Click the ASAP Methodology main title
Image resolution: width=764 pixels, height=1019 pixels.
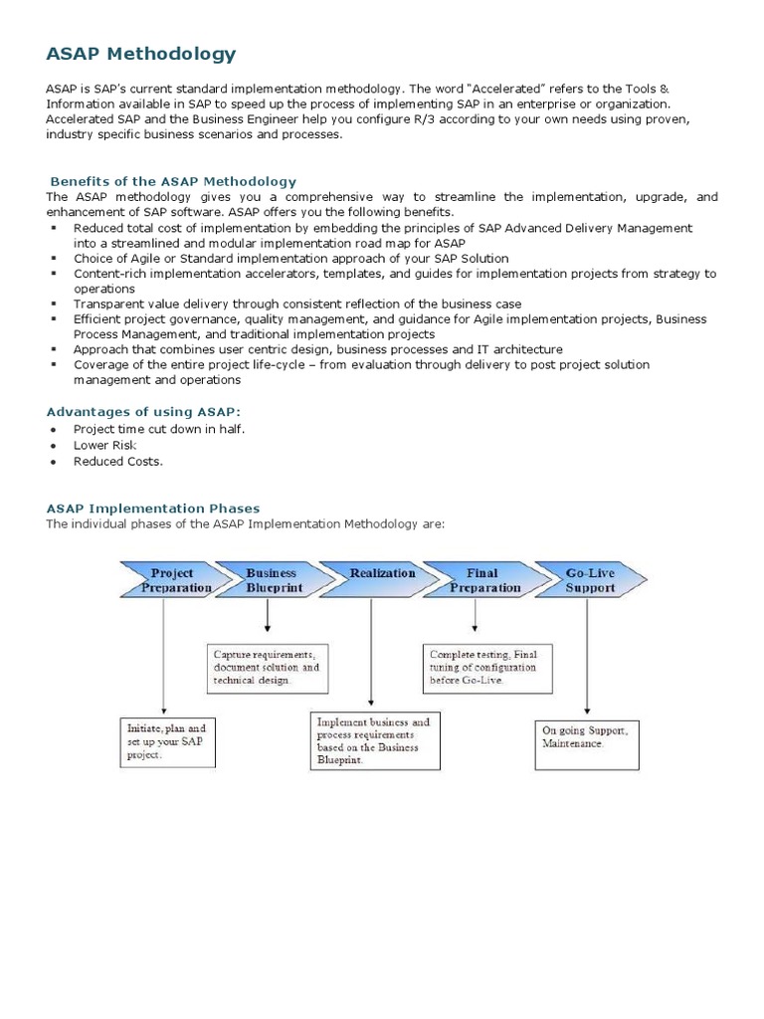point(140,54)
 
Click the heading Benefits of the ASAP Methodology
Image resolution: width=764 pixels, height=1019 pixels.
point(173,181)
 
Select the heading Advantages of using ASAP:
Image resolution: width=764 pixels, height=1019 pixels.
point(143,411)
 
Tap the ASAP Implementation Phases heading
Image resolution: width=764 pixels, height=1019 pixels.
point(152,509)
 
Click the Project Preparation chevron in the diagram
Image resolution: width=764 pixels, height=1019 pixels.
point(170,580)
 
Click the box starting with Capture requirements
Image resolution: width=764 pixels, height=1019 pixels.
point(268,667)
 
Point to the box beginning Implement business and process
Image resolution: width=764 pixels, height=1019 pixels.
point(376,740)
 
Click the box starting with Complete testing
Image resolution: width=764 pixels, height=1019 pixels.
point(486,667)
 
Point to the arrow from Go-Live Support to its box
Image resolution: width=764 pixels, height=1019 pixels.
point(588,657)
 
